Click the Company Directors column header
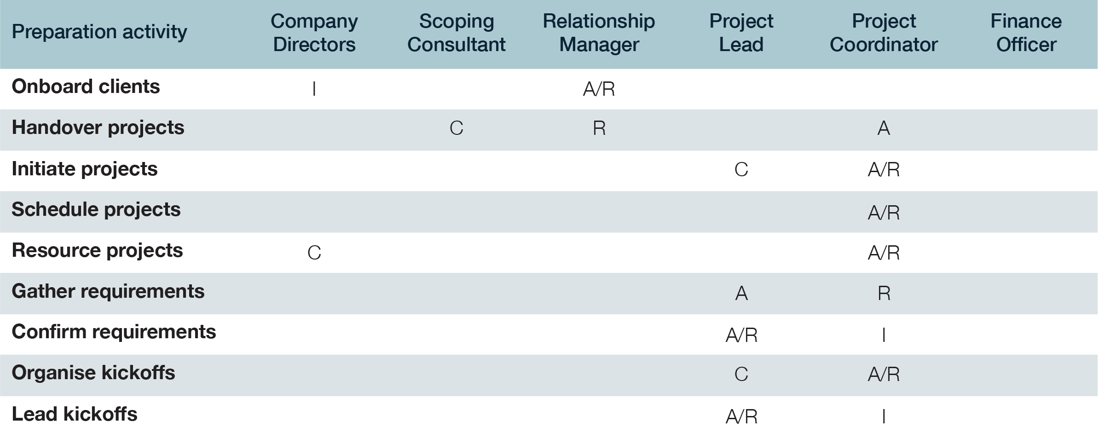click(314, 33)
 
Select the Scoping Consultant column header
click(456, 33)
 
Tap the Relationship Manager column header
click(599, 33)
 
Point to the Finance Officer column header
click(1026, 33)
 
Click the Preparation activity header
click(99, 32)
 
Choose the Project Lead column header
click(741, 33)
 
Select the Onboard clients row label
click(86, 87)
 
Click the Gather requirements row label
click(108, 291)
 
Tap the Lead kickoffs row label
click(75, 414)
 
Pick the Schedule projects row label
click(96, 209)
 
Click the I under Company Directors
click(314, 89)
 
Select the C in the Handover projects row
click(456, 128)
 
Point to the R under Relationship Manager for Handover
click(599, 128)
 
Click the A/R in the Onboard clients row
click(599, 89)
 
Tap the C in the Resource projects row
click(314, 253)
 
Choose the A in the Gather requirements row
click(741, 293)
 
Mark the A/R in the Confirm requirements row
click(741, 335)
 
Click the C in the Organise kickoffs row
click(741, 374)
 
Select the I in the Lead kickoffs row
click(884, 416)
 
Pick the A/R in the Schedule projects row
click(884, 213)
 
